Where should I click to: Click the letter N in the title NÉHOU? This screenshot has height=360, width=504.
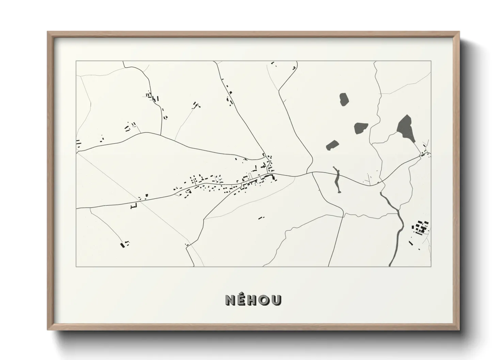230,300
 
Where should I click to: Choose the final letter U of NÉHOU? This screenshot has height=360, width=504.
276,300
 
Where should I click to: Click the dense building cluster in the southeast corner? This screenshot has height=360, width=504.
421,227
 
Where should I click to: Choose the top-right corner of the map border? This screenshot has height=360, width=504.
431,61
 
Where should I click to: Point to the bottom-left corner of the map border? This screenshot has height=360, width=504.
76,266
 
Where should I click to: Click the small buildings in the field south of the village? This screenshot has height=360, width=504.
261,217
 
